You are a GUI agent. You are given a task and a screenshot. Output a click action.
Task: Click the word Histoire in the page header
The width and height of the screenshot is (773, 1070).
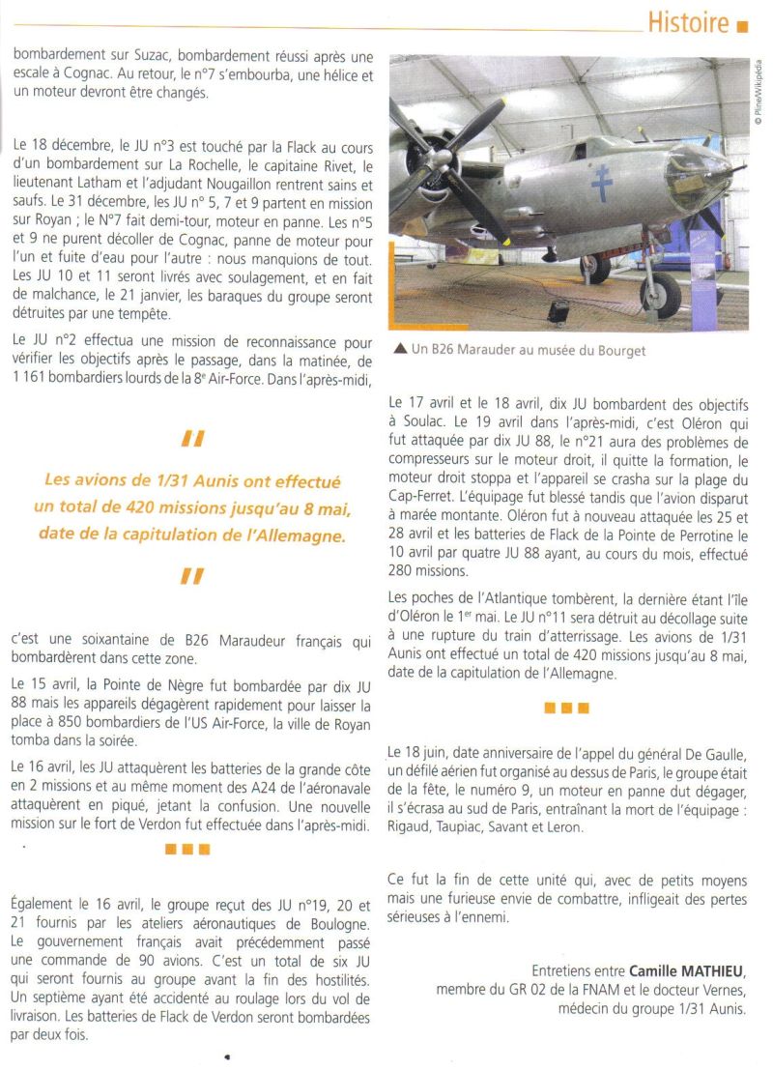pyautogui.click(x=687, y=22)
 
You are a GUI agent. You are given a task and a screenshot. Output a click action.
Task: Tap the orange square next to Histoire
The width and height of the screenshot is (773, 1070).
pyautogui.click(x=743, y=26)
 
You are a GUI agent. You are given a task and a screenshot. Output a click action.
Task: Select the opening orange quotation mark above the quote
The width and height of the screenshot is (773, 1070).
pyautogui.click(x=192, y=440)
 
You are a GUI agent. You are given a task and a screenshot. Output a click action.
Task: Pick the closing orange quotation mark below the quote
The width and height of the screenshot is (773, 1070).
pyautogui.click(x=192, y=577)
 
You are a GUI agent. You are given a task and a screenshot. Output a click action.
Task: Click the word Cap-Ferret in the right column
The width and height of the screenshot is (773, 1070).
pyautogui.click(x=422, y=498)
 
